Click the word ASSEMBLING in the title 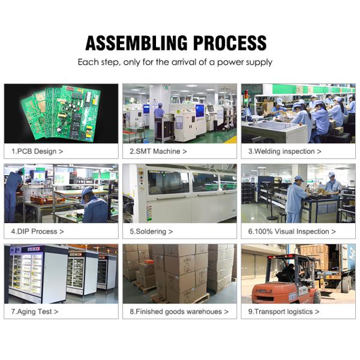[137, 43]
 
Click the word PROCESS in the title [230, 43]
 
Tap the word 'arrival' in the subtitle [184, 62]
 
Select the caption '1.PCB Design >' [37, 151]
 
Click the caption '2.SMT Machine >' [158, 151]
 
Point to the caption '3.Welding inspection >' [284, 151]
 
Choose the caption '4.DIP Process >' [38, 232]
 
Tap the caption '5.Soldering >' [151, 232]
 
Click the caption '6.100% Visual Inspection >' [292, 232]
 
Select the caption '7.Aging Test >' [35, 311]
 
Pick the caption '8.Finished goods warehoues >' [179, 311]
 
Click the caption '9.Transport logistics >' [284, 311]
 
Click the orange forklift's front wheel [317, 297]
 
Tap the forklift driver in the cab [287, 274]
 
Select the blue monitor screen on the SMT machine [200, 110]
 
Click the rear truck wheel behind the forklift [346, 284]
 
